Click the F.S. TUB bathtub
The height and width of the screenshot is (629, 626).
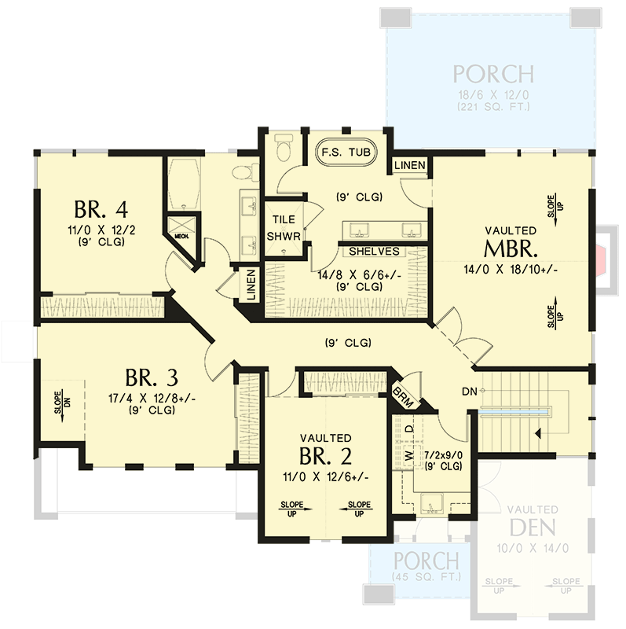pyautogui.click(x=346, y=151)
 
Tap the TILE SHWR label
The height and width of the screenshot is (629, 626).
pyautogui.click(x=281, y=228)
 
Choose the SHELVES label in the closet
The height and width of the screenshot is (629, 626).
pyautogui.click(x=374, y=252)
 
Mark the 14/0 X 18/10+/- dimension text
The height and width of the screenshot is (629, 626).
pyautogui.click(x=511, y=270)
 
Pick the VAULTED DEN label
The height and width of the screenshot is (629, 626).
pyautogui.click(x=533, y=519)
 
